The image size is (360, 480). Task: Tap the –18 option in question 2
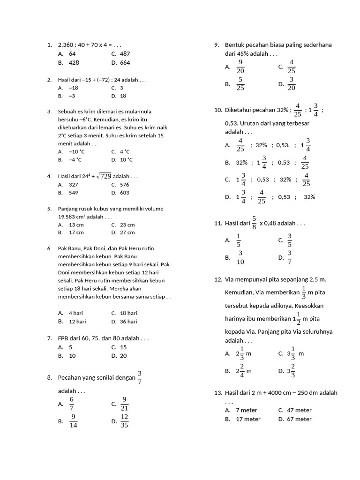coord(73,88)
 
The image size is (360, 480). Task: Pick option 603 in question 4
coord(124,193)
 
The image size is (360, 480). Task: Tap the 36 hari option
coord(128,322)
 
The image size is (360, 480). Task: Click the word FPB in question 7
coord(63,338)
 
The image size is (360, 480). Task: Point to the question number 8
coord(49,377)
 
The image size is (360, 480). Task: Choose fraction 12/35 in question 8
coord(125,421)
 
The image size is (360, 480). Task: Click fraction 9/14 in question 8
coord(74,421)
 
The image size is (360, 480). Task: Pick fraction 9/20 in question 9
coord(240,67)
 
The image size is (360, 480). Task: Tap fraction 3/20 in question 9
coord(292,84)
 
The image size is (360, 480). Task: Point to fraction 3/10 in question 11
coord(240,257)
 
